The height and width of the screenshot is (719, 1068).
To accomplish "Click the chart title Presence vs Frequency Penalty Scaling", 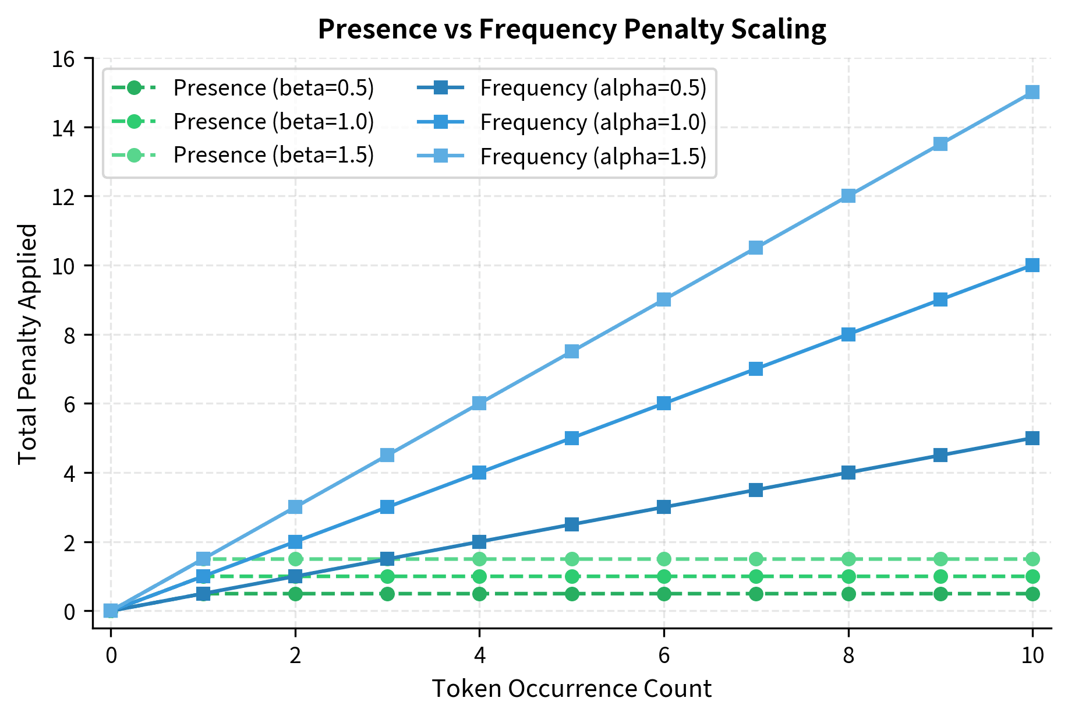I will [x=572, y=29].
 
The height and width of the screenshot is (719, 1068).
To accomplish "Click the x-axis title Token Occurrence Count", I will [x=571, y=689].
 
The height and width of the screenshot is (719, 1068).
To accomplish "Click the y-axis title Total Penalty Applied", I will [x=28, y=344].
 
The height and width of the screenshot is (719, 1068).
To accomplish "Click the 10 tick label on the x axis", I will [x=1032, y=656].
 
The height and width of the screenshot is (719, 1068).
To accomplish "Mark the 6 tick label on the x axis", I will [x=664, y=656].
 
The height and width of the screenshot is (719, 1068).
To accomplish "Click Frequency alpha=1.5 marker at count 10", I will [x=1032, y=92].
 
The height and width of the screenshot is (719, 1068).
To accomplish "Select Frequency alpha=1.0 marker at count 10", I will [x=1032, y=265].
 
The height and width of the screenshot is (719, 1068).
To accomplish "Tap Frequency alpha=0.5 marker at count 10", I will [x=1032, y=438].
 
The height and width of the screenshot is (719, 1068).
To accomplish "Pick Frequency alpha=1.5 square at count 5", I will [x=572, y=351].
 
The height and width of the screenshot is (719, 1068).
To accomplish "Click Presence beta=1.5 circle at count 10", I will [x=1032, y=559].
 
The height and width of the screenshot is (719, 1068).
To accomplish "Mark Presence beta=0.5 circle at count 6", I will [x=664, y=594].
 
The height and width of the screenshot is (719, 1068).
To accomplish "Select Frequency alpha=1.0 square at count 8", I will [x=848, y=334].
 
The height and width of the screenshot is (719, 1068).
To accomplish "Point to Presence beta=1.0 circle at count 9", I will [x=940, y=576].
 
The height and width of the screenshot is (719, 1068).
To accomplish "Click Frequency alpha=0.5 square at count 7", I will [x=756, y=490].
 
